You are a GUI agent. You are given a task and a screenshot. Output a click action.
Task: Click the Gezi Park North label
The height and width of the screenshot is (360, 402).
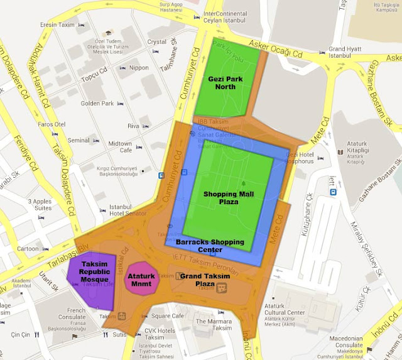(x=222, y=82)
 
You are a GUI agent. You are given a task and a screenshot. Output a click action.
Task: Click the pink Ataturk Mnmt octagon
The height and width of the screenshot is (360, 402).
(x=141, y=280)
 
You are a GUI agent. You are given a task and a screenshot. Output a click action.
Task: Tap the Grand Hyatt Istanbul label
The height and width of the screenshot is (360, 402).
(x=345, y=52)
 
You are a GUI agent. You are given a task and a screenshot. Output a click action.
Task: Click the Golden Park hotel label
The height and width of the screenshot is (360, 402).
(x=97, y=103)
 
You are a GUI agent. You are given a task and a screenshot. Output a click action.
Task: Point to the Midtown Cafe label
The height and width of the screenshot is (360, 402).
(x=119, y=148)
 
